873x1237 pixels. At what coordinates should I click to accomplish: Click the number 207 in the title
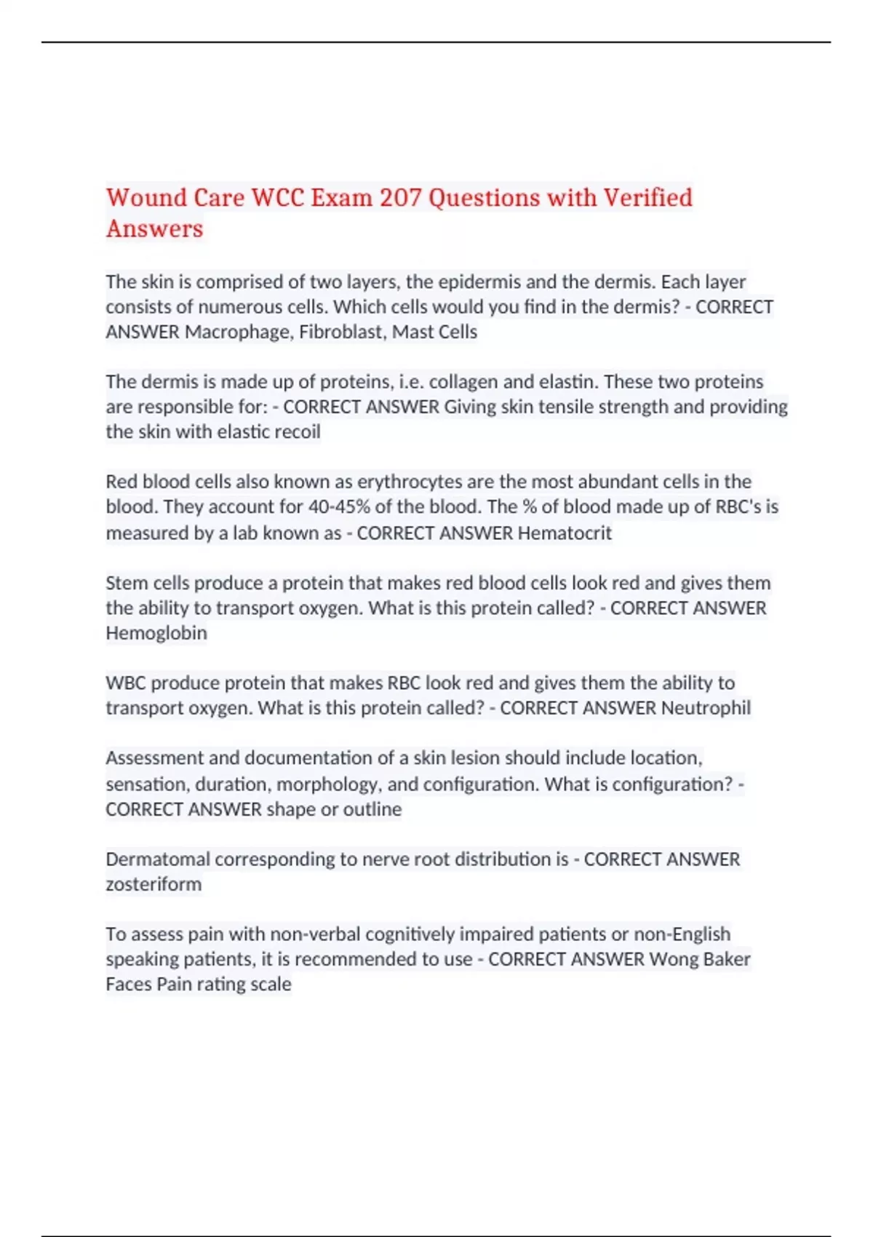(x=400, y=198)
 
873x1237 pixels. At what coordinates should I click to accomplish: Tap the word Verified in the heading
(x=648, y=198)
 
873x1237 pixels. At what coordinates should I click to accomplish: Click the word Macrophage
(x=238, y=332)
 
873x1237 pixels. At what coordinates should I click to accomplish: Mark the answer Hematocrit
(x=565, y=533)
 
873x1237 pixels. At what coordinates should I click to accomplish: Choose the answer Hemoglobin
(x=156, y=633)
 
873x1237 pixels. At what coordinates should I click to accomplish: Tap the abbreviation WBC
(x=126, y=683)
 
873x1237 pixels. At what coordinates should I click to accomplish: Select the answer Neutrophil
(x=706, y=708)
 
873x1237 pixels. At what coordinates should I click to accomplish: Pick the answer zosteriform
(x=154, y=885)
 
